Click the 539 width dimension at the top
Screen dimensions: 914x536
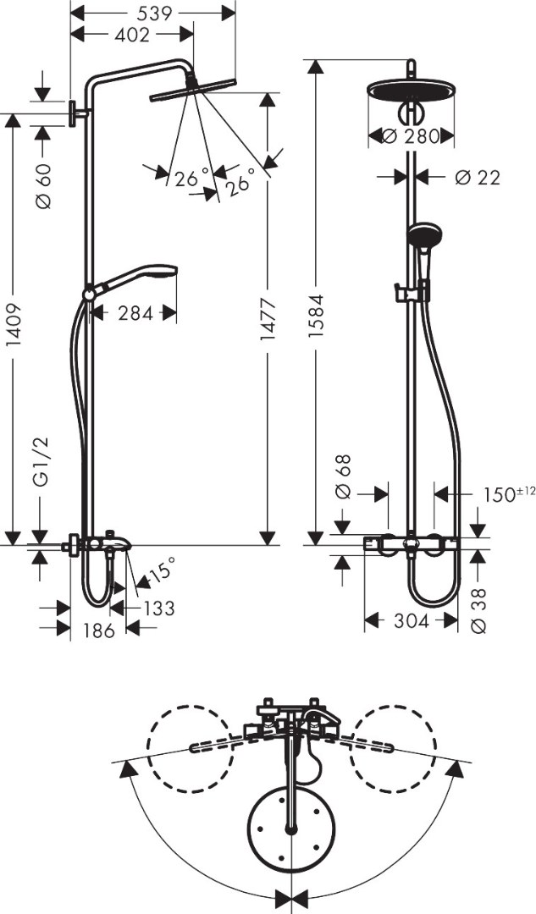coord(153,13)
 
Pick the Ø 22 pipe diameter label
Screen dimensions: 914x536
coord(477,177)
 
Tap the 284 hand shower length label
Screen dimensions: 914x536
coord(135,314)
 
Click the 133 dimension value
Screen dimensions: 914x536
coord(158,607)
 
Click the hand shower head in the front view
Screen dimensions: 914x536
coord(423,234)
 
